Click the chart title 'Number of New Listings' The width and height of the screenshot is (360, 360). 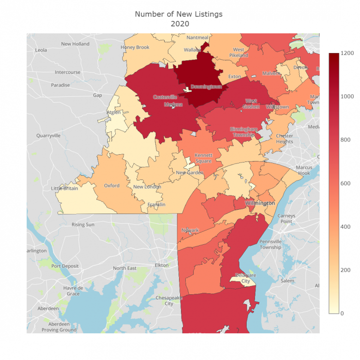click(x=179, y=14)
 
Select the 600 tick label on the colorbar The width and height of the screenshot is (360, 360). click(x=345, y=183)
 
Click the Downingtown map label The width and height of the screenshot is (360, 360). click(x=206, y=87)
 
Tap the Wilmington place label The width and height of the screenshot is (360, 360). click(x=260, y=202)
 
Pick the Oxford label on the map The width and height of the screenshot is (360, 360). click(x=112, y=185)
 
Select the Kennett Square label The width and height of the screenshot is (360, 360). click(x=203, y=158)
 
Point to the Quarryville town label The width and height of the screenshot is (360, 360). click(x=48, y=136)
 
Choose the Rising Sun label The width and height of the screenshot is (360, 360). click(x=83, y=225)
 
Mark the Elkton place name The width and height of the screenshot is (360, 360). click(x=161, y=265)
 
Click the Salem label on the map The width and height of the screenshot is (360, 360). click(x=287, y=281)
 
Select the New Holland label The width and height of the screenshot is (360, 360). click(x=75, y=44)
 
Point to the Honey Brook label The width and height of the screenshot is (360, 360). click(x=135, y=47)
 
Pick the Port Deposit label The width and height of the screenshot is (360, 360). click(x=65, y=266)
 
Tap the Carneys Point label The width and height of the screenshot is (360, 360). click(x=286, y=218)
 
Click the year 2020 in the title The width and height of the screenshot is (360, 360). click(x=179, y=23)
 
